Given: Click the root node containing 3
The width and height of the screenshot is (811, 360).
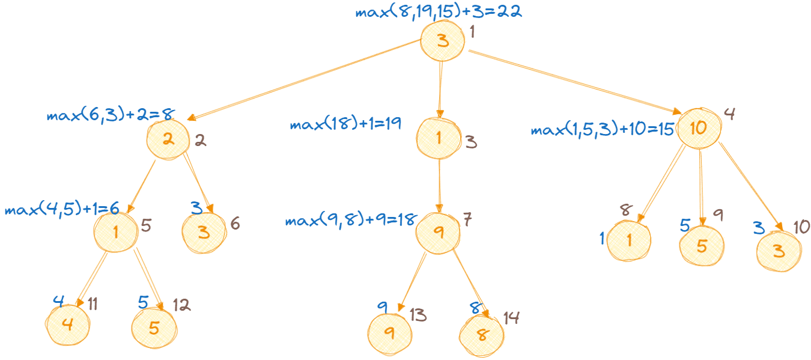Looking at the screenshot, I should click(443, 41).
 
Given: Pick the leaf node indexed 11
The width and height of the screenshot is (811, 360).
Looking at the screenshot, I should click(67, 325).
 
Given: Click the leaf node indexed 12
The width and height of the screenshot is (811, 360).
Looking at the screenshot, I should click(154, 328).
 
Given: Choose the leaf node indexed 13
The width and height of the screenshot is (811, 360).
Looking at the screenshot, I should click(389, 332).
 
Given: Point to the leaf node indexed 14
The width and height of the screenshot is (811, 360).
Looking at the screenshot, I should click(481, 335).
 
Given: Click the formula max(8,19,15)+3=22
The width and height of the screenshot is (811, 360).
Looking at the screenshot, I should click(439, 13).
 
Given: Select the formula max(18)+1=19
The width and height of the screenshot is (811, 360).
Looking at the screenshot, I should click(345, 125).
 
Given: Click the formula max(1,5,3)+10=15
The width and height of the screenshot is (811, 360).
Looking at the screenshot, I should click(602, 130).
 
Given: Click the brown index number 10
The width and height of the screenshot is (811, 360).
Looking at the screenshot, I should click(801, 227).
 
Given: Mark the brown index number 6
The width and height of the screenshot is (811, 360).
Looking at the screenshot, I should click(235, 224).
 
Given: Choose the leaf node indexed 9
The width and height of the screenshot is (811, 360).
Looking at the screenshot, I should click(702, 244).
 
